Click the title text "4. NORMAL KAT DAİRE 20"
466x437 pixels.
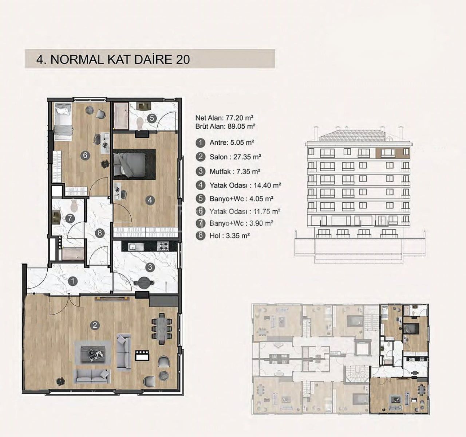113,59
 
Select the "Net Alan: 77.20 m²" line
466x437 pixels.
224,118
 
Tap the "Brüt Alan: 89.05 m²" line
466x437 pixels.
225,126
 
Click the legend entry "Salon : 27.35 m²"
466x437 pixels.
235,157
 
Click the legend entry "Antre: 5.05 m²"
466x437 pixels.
232,143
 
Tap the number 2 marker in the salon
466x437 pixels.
95,325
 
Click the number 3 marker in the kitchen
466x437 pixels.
150,267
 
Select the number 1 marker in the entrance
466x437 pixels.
73,281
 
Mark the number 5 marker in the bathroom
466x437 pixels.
152,118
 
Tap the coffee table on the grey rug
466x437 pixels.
92,352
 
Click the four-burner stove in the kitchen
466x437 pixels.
163,246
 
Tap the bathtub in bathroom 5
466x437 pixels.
121,116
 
